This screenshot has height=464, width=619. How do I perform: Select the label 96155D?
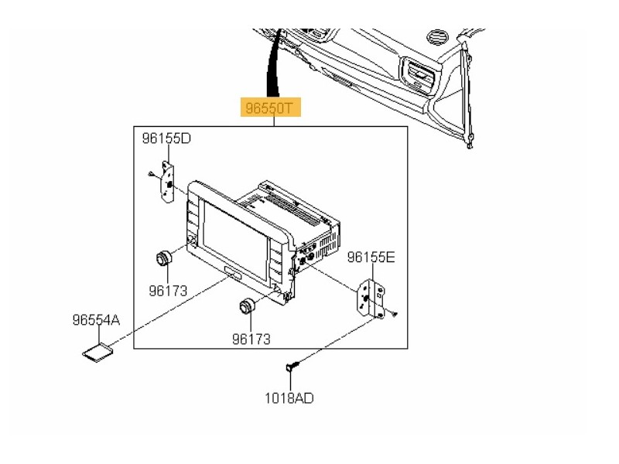166,138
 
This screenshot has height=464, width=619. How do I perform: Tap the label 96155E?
371,257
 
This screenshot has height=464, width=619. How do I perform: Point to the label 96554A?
96,319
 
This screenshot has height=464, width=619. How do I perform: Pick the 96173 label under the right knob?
255,339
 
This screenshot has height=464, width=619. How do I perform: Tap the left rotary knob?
163,259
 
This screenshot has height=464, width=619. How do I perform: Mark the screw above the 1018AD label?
291,366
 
